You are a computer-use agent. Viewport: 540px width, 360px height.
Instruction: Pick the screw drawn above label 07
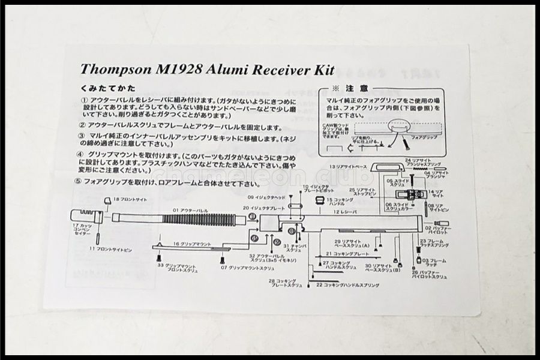click(223, 259)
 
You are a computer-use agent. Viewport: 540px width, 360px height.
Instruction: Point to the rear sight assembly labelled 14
click(413, 194)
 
